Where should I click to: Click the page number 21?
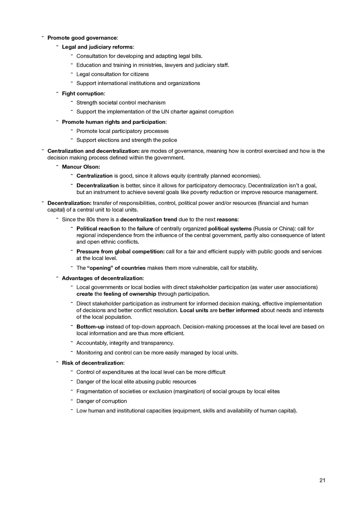coord(322,480)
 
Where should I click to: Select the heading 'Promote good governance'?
coord(82,38)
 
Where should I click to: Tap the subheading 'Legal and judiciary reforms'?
coord(97,47)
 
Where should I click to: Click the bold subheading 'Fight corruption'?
coord(83,94)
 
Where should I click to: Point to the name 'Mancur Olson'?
coord(80,167)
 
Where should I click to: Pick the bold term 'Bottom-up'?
coord(90,327)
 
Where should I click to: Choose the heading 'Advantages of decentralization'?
coord(102,278)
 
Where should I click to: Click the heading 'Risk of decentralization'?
coord(92,363)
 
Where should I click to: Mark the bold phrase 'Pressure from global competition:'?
coord(120,251)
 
